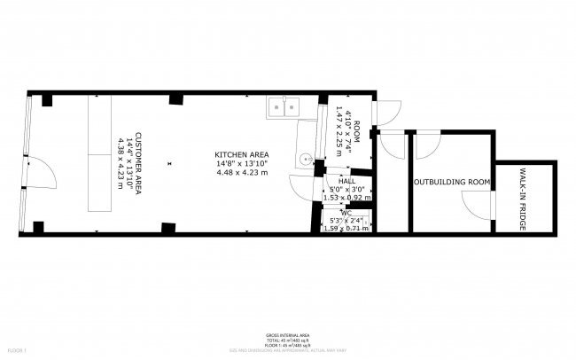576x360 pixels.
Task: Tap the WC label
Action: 346,213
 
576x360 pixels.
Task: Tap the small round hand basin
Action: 305,160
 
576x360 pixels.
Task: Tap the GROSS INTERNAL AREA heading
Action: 288,334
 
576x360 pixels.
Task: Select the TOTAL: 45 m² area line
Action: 288,340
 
